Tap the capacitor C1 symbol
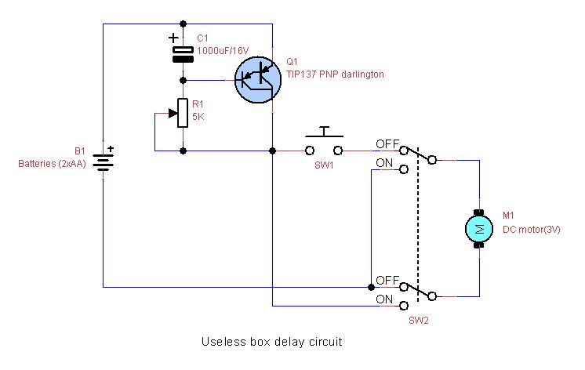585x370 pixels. point(183,53)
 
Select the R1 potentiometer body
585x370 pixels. point(183,113)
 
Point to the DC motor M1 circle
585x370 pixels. point(478,229)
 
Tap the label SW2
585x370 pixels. point(419,321)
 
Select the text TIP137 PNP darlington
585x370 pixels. point(335,73)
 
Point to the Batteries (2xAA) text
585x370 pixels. point(51,164)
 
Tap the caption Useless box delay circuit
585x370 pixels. point(272,343)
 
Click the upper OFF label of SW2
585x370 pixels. point(387,144)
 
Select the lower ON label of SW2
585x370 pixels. point(385,299)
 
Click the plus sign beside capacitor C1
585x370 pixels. point(173,37)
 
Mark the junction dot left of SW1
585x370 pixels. point(272,150)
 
